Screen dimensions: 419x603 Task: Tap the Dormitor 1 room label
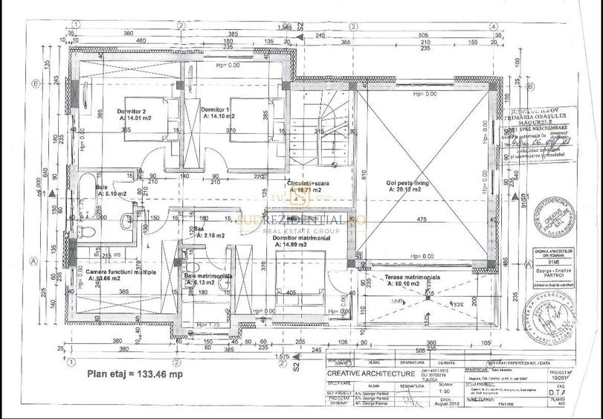[219, 109]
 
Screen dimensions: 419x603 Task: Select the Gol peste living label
[403, 182]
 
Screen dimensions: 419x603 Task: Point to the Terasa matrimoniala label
[413, 277]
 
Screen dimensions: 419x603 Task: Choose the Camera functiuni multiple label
[121, 272]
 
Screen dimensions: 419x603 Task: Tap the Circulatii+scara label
[309, 182]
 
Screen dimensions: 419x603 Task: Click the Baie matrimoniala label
[207, 275]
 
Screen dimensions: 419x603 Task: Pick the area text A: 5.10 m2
[112, 193]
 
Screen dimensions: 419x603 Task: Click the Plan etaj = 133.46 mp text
[135, 374]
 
